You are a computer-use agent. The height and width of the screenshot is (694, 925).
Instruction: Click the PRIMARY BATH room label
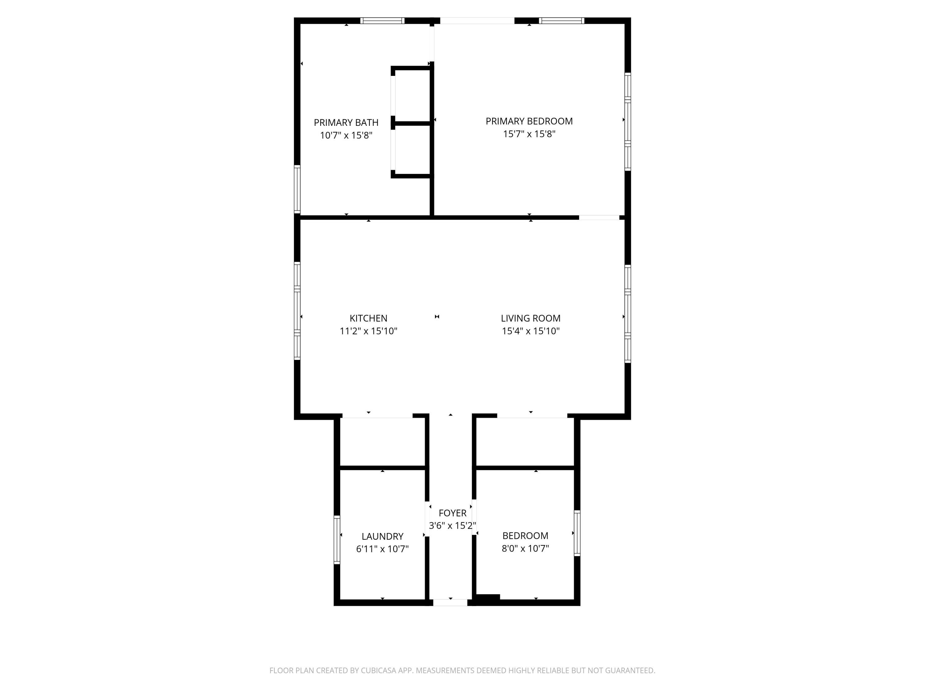346,122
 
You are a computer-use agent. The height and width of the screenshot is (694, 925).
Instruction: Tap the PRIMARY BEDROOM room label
529,121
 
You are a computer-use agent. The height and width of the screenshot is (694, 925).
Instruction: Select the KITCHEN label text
368,318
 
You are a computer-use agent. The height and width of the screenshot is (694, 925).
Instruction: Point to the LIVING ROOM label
531,318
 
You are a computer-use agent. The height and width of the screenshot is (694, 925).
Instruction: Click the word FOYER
452,513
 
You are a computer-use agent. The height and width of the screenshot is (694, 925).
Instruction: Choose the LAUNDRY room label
382,536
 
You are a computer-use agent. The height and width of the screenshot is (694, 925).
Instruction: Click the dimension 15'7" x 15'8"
529,134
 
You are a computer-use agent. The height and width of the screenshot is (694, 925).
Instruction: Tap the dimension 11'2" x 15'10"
368,331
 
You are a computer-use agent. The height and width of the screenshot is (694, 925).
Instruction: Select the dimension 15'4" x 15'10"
531,331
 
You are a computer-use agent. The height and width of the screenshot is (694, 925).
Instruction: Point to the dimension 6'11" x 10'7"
382,549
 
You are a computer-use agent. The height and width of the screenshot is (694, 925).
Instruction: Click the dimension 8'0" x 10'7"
525,548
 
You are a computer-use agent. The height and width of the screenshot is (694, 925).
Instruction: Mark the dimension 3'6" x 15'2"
452,525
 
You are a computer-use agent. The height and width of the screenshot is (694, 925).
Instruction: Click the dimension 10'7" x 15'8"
346,135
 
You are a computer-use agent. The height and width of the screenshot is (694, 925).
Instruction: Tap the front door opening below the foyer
450,603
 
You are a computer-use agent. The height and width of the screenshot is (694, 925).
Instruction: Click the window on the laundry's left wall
337,540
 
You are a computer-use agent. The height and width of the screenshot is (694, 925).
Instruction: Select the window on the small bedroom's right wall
577,533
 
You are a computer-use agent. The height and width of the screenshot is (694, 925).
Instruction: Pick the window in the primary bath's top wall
382,20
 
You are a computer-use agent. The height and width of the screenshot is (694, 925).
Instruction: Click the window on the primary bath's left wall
297,189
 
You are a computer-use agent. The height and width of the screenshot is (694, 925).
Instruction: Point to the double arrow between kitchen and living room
437,317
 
